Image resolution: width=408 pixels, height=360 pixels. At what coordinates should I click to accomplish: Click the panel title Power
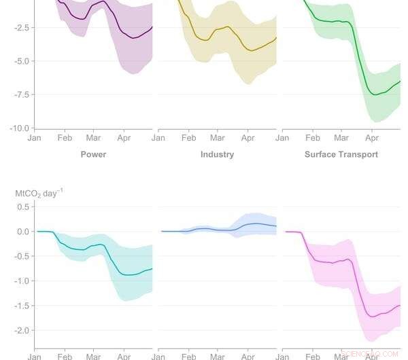point(93,154)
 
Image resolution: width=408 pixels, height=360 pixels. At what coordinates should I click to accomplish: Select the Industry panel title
point(217,154)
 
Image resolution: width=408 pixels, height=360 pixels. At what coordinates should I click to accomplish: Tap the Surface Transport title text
point(341,154)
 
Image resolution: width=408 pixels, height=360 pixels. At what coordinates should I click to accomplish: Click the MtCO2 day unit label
point(39,194)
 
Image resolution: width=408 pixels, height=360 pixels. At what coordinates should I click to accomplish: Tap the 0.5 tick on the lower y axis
point(22,206)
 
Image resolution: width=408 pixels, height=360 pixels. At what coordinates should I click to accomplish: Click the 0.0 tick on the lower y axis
point(22,232)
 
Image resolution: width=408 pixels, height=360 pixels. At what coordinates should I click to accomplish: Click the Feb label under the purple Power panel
point(65,137)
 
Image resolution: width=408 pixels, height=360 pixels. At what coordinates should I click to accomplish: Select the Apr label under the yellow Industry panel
point(248,137)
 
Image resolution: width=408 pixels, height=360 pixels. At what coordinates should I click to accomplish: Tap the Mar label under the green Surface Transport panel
point(341,137)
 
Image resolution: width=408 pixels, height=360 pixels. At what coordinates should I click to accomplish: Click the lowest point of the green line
point(375,94)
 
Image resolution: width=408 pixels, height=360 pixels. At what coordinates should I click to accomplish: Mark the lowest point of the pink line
point(372,317)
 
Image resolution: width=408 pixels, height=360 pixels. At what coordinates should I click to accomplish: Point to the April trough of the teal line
point(127,274)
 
